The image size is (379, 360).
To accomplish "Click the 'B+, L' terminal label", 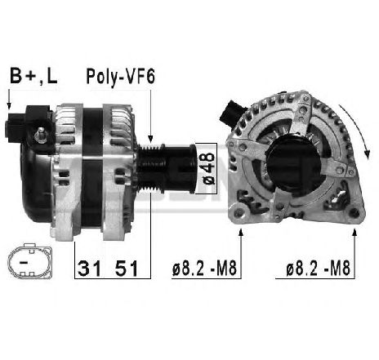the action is click(33, 76).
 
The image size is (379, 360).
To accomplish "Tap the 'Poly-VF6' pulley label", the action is click(120, 77).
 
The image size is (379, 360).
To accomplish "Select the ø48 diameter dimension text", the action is click(208, 169).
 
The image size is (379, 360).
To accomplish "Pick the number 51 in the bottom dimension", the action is click(127, 269).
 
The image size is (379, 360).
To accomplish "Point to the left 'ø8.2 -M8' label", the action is click(204, 269).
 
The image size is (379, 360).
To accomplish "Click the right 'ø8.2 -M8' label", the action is click(318, 269).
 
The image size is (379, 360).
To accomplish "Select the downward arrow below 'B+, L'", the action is click(9, 99).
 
